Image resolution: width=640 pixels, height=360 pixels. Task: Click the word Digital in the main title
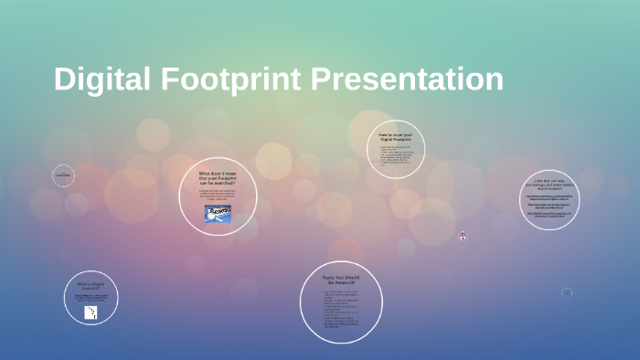[x=102, y=79]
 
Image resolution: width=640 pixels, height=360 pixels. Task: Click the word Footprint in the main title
[x=230, y=79]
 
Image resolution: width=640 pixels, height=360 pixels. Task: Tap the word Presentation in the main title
[x=408, y=79]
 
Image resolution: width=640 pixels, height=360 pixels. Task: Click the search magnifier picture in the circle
[x=218, y=212]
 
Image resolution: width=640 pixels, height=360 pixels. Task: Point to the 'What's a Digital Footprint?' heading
[x=90, y=287]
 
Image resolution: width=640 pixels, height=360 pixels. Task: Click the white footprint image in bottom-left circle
[x=91, y=312]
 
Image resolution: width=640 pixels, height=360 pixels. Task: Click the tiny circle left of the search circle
[x=63, y=175]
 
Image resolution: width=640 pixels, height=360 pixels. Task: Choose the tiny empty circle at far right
[x=567, y=293]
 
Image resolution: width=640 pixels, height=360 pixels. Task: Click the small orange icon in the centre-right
[x=464, y=238]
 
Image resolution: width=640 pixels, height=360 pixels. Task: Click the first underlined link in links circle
[x=549, y=196]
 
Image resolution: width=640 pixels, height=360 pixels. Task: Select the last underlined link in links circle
[x=549, y=216]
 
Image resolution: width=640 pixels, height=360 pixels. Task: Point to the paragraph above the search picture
[x=218, y=195]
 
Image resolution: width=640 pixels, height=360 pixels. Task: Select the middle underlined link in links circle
[x=549, y=206]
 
